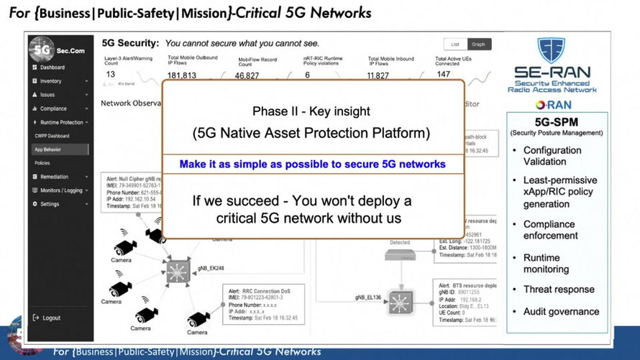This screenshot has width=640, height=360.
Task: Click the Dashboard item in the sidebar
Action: coord(52,68)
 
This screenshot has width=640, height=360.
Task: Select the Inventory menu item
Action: coord(50,81)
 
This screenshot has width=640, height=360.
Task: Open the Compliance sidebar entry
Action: coord(53,109)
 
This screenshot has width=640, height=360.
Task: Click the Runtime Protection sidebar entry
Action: coord(61,122)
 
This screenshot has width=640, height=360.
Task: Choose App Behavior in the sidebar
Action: coord(49,149)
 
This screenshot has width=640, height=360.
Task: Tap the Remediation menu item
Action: coord(54,177)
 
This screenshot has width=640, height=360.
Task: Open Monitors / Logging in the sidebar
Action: coord(61,190)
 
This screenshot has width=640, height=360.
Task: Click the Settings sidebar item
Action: coord(50,204)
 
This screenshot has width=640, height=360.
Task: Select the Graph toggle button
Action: coord(478,45)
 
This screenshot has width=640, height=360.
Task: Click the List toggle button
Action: coord(454,45)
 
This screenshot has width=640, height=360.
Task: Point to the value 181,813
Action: coord(182,75)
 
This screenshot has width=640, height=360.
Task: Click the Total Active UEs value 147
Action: coord(444,74)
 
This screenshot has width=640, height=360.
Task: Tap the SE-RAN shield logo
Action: coord(552,50)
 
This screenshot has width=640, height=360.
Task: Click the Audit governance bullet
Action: coord(561,312)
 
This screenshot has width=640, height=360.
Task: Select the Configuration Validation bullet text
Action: coord(552,156)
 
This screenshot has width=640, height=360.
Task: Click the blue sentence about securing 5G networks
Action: coord(312,165)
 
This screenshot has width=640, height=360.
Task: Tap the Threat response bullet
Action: coord(559,290)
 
